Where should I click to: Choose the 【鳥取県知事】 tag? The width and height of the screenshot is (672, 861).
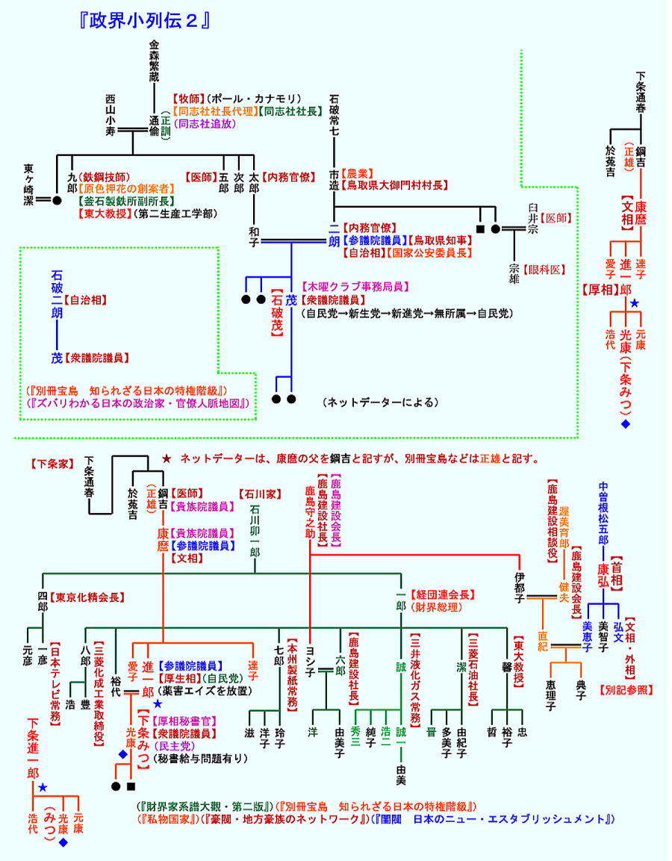441,240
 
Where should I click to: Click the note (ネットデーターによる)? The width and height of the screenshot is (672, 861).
380,402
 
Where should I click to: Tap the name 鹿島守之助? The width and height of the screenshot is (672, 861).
309,510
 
